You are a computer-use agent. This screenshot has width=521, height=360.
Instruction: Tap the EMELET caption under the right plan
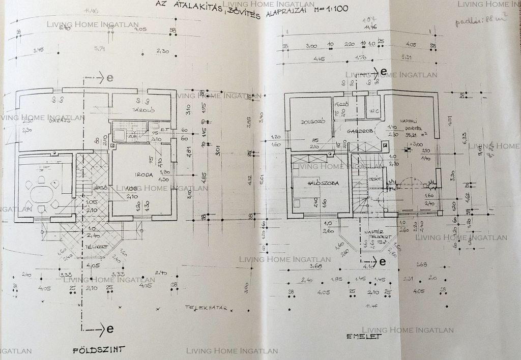click(x=363, y=336)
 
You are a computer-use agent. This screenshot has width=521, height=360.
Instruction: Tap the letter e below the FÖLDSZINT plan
click(x=109, y=328)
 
